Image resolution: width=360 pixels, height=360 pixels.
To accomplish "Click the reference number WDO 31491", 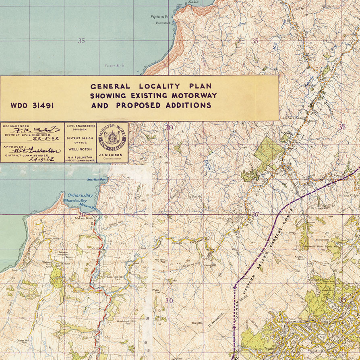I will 32,106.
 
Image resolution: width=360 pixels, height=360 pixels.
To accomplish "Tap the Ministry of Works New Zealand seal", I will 112,138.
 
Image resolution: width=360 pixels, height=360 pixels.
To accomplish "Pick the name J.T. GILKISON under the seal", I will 112,155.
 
